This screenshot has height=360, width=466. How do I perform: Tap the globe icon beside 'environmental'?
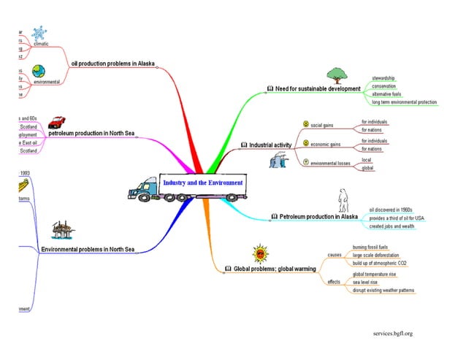coord(38,71)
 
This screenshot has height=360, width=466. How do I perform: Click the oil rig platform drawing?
coord(61,231)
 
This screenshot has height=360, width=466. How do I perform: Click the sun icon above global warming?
coord(260,254)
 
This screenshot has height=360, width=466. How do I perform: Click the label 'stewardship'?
coord(383,77)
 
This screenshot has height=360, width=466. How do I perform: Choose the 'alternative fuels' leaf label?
coord(387,94)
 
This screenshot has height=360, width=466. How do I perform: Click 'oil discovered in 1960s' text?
coord(391,210)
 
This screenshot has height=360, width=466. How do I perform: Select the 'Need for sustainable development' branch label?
coord(318,89)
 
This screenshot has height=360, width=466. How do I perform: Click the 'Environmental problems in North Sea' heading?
coord(88,250)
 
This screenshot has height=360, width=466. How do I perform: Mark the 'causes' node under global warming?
coord(335,255)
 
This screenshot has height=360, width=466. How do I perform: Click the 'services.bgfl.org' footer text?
coord(392,334)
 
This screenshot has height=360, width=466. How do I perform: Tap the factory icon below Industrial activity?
coord(279,160)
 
